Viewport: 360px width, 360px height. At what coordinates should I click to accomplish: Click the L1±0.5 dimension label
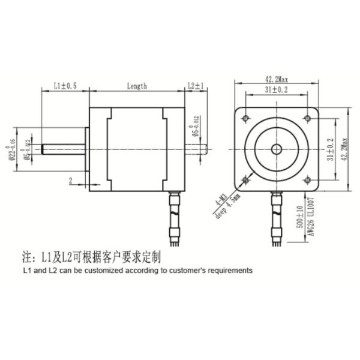tap(65, 86)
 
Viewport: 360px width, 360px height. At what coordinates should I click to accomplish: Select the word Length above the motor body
tap(137, 86)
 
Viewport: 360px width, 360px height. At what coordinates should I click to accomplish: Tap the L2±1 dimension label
tap(196, 86)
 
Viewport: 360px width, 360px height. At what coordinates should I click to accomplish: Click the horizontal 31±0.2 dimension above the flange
tap(277, 89)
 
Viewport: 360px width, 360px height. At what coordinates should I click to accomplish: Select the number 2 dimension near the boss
tap(70, 180)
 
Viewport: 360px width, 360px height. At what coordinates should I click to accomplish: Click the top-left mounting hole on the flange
tap(245, 118)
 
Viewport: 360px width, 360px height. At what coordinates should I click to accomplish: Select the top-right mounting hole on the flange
tap(308, 118)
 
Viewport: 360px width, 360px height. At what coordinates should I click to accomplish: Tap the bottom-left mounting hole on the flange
tap(245, 180)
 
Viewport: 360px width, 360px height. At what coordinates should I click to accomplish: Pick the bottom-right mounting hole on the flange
tap(308, 180)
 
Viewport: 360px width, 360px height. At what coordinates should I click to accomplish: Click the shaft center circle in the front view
tap(277, 149)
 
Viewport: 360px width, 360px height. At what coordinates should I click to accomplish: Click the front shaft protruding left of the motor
tap(63, 148)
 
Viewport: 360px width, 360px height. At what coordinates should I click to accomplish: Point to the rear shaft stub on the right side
tap(196, 148)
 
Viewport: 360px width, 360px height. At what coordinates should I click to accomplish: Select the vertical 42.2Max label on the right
tap(344, 149)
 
